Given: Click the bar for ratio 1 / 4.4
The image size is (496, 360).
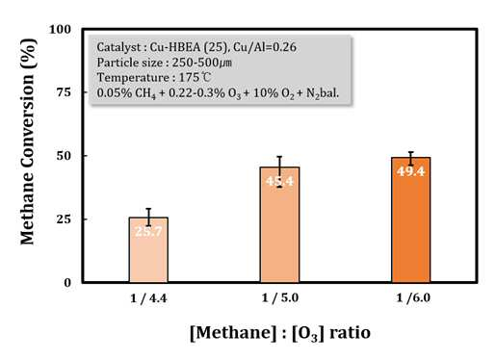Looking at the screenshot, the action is (x=148, y=250).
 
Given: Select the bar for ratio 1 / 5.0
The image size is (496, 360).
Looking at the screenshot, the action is (x=279, y=224).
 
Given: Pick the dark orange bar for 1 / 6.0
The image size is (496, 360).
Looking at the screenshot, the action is (x=411, y=219).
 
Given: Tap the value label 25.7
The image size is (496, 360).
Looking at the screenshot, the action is (x=148, y=231).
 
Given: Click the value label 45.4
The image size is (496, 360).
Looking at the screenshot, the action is (x=279, y=181).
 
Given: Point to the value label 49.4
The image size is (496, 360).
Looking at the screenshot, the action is (x=411, y=171).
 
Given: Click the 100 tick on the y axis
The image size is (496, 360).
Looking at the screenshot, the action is (x=60, y=30).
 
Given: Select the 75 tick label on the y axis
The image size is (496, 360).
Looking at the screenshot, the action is (x=64, y=92).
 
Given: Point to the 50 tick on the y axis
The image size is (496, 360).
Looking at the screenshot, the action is (x=64, y=156).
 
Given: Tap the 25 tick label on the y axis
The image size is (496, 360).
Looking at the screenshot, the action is (x=64, y=219).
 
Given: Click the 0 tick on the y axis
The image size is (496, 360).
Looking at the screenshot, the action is (x=67, y=283).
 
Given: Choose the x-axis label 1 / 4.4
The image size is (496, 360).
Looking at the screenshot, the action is (x=148, y=298).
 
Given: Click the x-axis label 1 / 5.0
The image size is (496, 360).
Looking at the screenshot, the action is (x=280, y=298).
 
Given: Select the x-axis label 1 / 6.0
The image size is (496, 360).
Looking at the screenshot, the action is (x=413, y=298).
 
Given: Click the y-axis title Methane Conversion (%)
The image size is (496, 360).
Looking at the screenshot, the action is (x=28, y=141).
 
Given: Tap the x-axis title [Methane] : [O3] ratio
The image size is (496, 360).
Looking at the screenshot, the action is (x=280, y=333).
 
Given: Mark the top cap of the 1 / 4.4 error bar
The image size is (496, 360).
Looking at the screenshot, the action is (x=148, y=209).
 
